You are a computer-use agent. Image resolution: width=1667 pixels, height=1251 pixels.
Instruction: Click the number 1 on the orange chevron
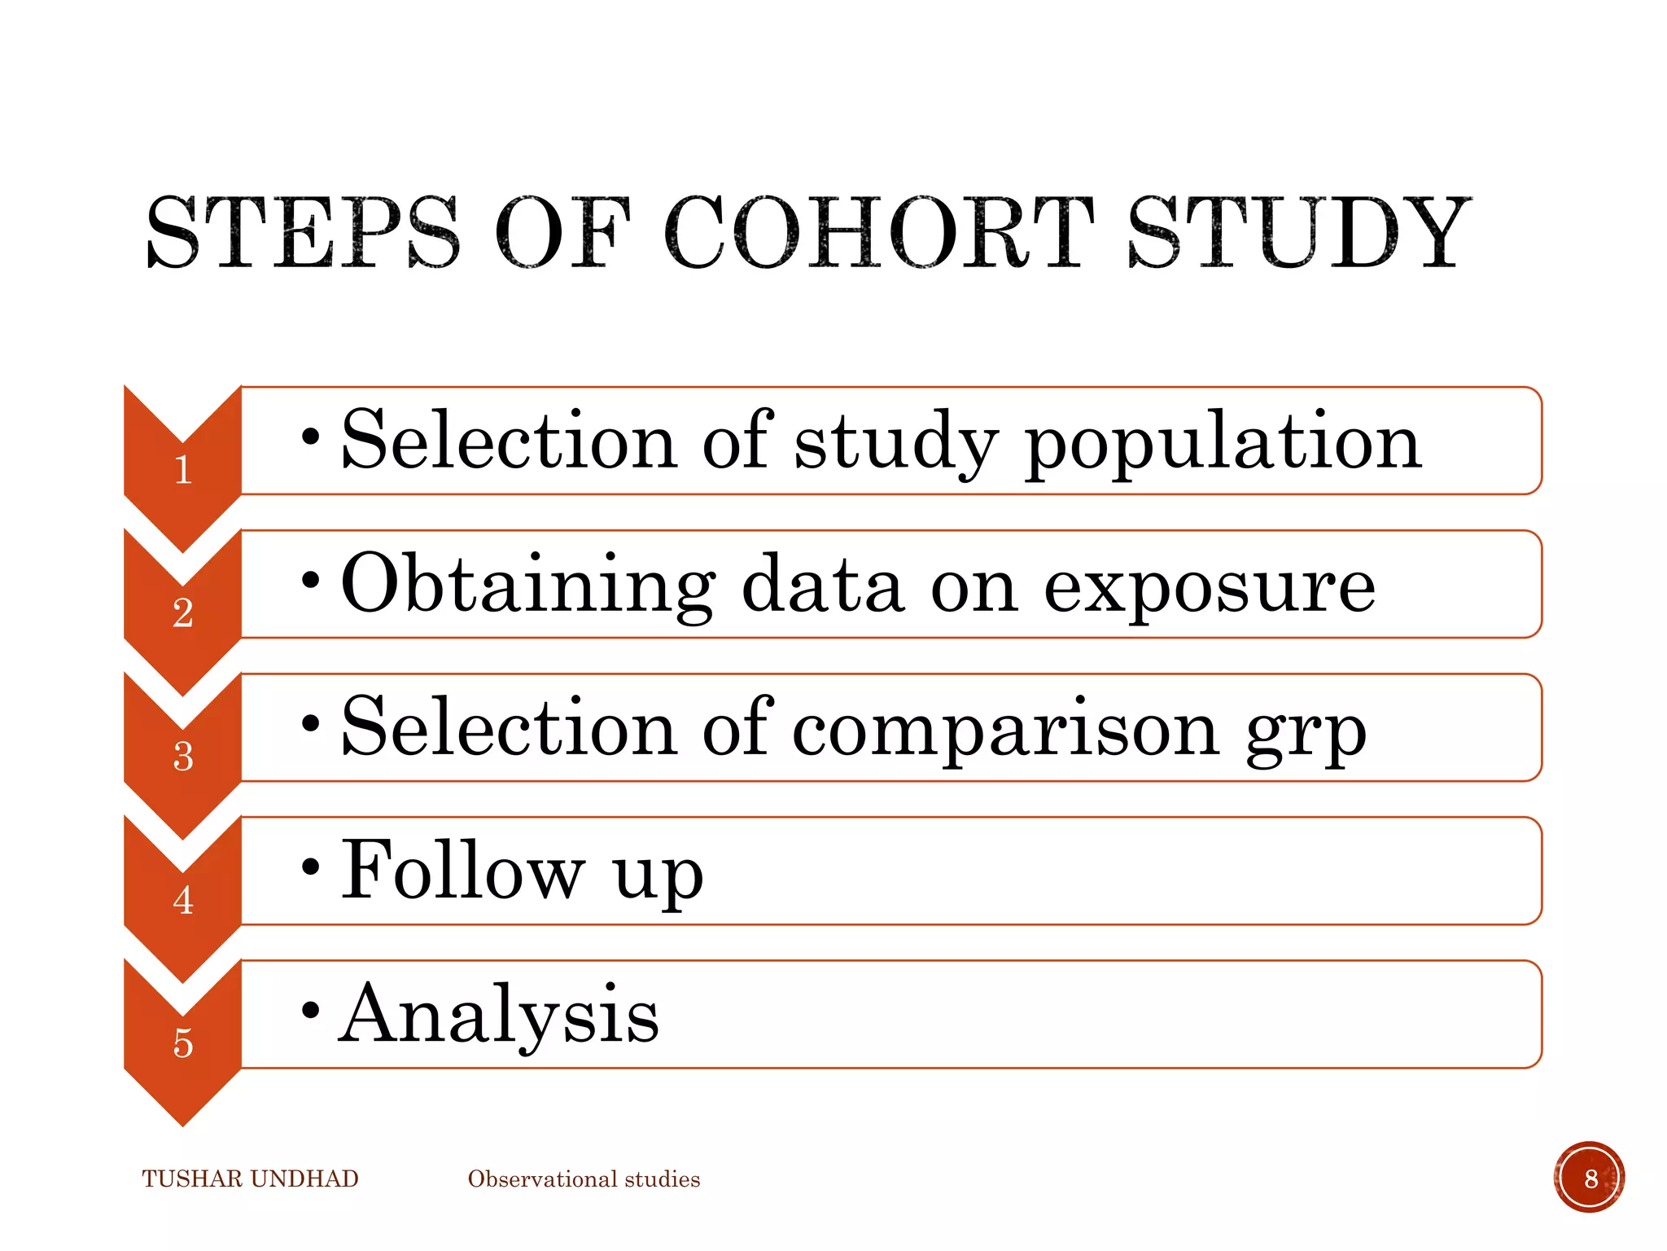pyautogui.click(x=183, y=470)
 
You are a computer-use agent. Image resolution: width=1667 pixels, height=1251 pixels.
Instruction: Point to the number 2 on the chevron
pyautogui.click(x=183, y=613)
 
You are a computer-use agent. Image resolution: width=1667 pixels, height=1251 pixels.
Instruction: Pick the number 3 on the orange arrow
pyautogui.click(x=183, y=757)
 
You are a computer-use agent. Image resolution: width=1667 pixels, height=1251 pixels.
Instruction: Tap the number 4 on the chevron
pyautogui.click(x=183, y=900)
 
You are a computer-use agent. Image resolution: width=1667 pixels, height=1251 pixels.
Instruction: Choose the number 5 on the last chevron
pyautogui.click(x=183, y=1043)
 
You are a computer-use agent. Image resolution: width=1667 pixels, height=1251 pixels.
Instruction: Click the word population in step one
pyautogui.click(x=1223, y=444)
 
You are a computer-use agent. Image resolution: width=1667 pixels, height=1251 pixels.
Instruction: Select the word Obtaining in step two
pyautogui.click(x=527, y=586)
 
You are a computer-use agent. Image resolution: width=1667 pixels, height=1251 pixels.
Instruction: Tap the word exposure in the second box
pyautogui.click(x=1210, y=586)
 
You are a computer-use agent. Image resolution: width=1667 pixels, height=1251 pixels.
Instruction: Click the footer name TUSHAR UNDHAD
pyautogui.click(x=250, y=1179)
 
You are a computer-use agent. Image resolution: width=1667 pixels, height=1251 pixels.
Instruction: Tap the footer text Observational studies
pyautogui.click(x=584, y=1179)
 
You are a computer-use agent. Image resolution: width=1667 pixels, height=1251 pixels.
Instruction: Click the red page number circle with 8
pyautogui.click(x=1590, y=1178)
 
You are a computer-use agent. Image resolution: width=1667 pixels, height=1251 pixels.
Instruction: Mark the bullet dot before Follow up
pyautogui.click(x=310, y=867)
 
